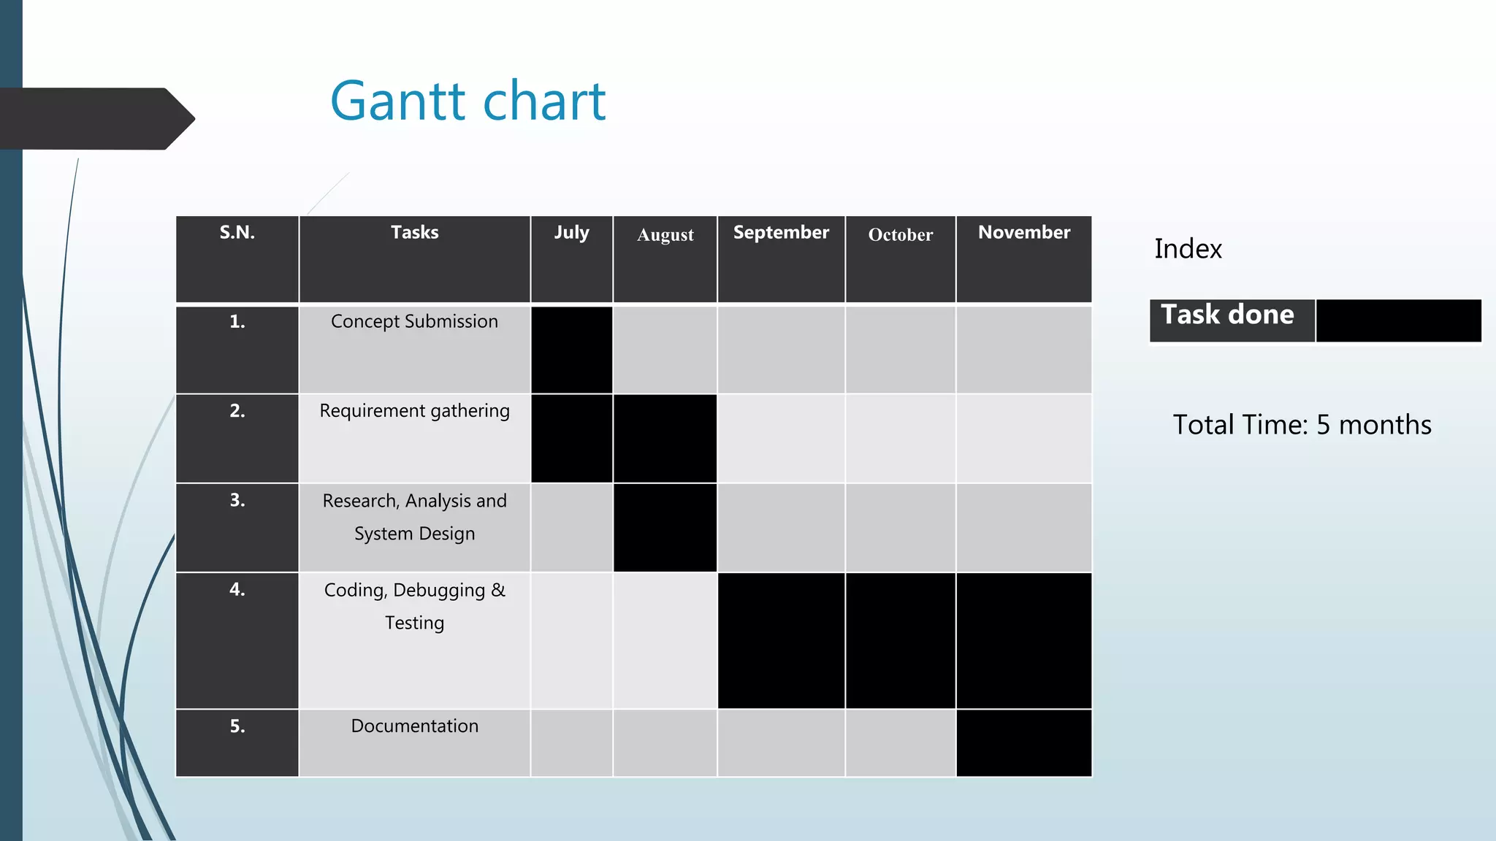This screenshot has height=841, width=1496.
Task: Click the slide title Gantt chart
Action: [467, 101]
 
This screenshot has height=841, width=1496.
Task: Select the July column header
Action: [571, 233]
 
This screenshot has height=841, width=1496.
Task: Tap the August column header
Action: [665, 235]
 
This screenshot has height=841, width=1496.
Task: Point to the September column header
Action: [781, 233]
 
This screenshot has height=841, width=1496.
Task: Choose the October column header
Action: [900, 235]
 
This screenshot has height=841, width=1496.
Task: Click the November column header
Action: [1023, 233]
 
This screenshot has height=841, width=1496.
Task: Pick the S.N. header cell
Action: [237, 233]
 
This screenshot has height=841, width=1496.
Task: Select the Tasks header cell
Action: [414, 233]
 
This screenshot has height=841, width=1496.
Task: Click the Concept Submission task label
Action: [414, 321]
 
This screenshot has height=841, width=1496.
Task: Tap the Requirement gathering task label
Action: [414, 411]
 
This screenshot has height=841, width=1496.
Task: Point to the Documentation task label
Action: [414, 726]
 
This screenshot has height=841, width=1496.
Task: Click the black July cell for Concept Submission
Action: [571, 350]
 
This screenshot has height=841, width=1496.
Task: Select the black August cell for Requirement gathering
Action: [665, 439]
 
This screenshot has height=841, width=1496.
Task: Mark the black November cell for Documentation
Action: [1023, 742]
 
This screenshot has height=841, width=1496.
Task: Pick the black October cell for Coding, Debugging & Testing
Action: [900, 640]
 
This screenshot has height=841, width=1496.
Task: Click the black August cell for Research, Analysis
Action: [665, 528]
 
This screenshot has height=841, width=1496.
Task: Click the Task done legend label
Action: [1227, 315]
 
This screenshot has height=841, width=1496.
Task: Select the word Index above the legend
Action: [1188, 249]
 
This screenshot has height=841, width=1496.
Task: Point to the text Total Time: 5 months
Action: [1302, 425]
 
